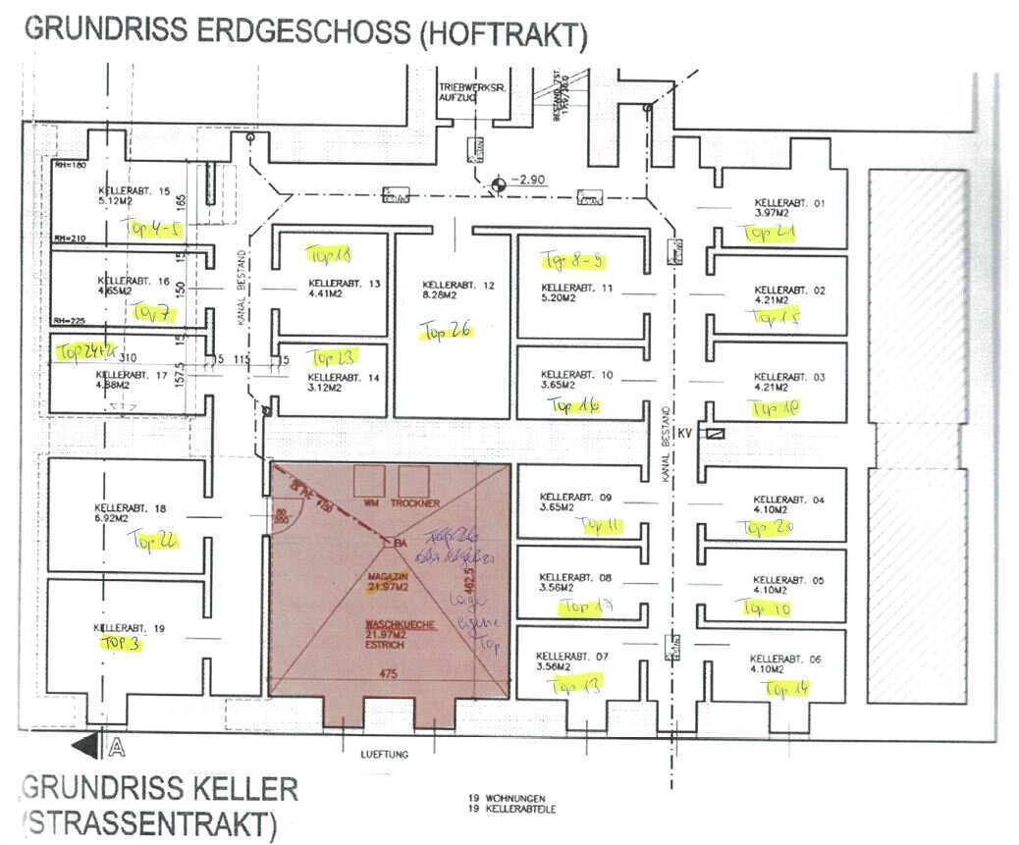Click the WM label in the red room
click(x=371, y=502)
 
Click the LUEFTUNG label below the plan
click(x=383, y=754)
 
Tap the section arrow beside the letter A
click(x=86, y=747)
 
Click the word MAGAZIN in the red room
click(x=388, y=576)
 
